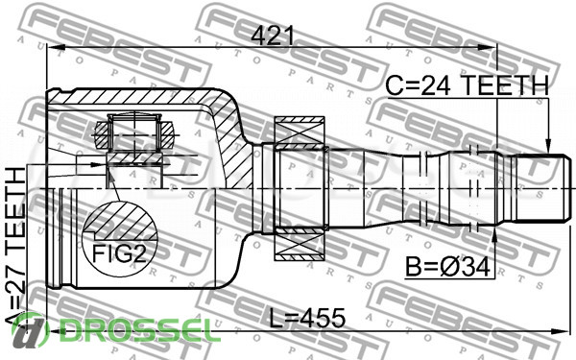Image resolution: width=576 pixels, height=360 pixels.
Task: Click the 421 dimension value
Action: (273, 36)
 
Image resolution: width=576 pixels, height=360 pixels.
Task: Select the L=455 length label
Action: (307, 318)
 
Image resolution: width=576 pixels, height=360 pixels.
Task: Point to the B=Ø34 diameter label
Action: (447, 267)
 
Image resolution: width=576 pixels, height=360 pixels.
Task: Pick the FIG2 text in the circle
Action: (119, 253)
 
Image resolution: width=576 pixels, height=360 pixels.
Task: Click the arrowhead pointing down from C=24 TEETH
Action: (548, 146)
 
